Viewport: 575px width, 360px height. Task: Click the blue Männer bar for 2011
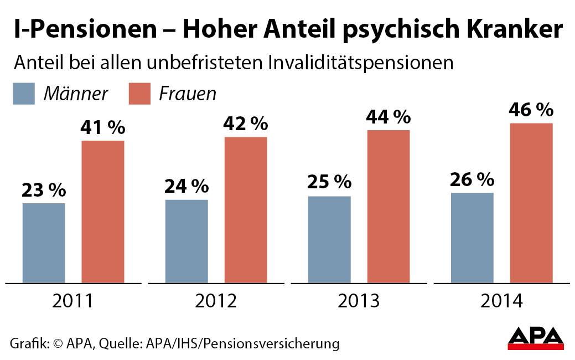[44, 243]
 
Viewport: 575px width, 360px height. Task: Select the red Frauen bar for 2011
[103, 212]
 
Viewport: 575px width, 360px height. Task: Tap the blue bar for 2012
[187, 241]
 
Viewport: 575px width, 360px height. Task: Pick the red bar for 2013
[388, 207]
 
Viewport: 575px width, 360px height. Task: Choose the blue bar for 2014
[472, 238]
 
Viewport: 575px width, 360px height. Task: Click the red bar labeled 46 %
[531, 203]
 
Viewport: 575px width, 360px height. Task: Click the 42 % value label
[246, 124]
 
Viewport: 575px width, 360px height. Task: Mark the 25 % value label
[329, 182]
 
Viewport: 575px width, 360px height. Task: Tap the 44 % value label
[388, 117]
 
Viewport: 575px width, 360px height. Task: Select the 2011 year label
[73, 301]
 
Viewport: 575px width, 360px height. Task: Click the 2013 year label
[359, 301]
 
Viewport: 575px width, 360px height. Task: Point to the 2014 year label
[501, 301]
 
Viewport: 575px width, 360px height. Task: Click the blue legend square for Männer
[24, 93]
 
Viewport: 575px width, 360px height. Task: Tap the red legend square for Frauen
[140, 93]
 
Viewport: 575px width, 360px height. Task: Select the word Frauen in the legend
[187, 94]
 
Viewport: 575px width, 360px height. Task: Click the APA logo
[536, 337]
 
